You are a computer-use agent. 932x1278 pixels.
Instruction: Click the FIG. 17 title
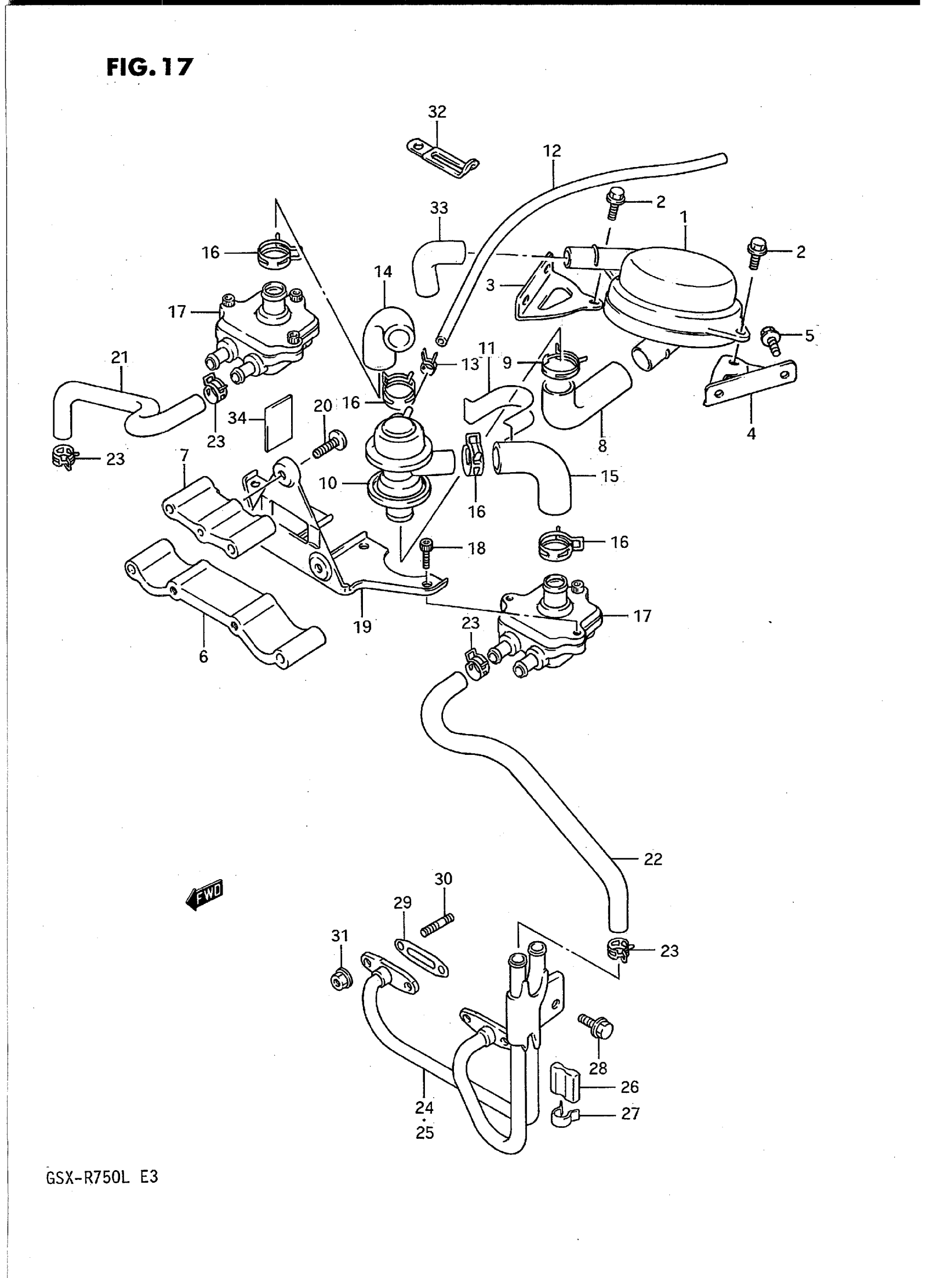tap(150, 67)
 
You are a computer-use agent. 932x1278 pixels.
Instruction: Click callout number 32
tap(437, 112)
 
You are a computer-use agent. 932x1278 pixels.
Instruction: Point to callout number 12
tap(552, 151)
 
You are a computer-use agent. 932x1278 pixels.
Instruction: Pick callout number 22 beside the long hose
tap(653, 859)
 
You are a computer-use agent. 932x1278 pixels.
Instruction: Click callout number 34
tap(237, 419)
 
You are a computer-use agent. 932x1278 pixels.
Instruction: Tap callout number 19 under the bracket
tap(362, 627)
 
